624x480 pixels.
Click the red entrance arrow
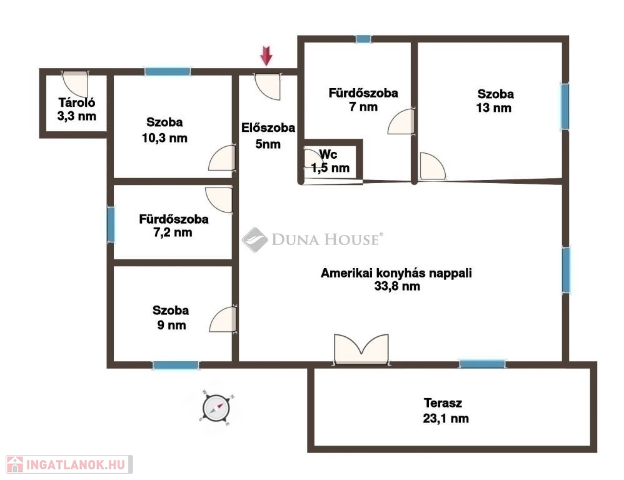(x=266, y=56)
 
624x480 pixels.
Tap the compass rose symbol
(x=216, y=407)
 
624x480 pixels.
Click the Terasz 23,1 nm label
(x=445, y=411)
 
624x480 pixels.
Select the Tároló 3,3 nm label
(x=77, y=109)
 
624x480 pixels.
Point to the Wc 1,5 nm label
(x=330, y=161)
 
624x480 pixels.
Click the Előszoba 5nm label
(x=268, y=136)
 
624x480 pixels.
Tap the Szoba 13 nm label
(x=495, y=101)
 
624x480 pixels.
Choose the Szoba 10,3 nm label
(x=164, y=130)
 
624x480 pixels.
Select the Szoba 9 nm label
(x=171, y=317)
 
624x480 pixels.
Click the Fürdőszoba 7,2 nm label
(x=174, y=226)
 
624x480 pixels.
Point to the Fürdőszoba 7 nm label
(x=363, y=100)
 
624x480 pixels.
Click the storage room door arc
(x=75, y=84)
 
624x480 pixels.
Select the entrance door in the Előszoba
(x=268, y=86)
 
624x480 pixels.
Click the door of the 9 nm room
(x=223, y=319)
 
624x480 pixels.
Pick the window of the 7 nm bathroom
(x=363, y=39)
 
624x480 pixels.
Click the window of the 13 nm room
(x=565, y=106)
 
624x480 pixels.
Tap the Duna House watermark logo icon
(x=254, y=239)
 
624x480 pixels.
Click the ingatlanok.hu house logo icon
(x=15, y=464)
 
